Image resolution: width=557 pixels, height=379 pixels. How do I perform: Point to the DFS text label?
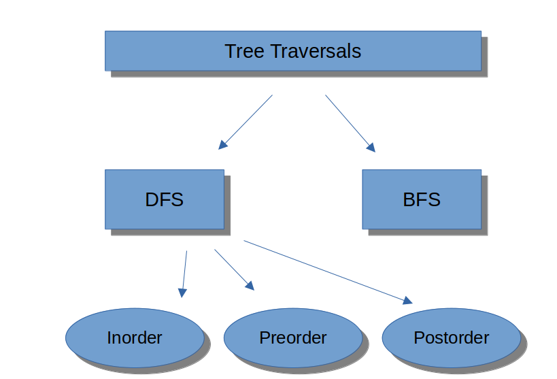coord(164,199)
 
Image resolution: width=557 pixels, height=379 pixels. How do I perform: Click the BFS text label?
coord(421,199)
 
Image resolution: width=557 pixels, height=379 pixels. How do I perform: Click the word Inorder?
coord(135,337)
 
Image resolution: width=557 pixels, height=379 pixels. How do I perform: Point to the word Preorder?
coord(292,337)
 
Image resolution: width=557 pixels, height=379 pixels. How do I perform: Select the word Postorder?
coord(451,337)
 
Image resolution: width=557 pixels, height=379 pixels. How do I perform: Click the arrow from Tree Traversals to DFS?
coord(246,121)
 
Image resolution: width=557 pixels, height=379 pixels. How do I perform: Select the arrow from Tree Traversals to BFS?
coord(350,122)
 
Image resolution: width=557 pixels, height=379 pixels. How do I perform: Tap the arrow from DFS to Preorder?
coord(233,269)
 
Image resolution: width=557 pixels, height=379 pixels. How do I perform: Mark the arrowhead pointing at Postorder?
coord(407,301)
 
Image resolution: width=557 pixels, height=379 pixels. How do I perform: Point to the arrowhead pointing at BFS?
coord(371,146)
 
